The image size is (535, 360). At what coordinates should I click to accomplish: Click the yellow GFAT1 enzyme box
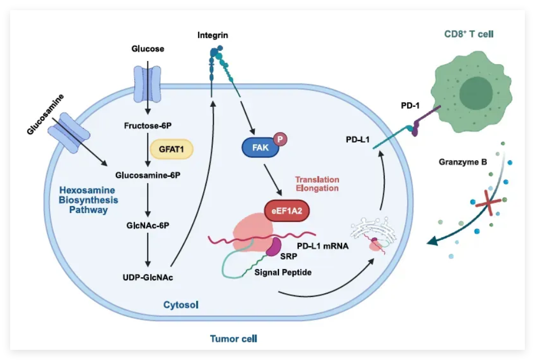(170, 150)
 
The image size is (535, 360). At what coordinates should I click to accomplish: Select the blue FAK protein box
(261, 147)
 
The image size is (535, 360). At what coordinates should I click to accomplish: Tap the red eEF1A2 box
(288, 211)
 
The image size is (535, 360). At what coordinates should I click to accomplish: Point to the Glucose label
(148, 49)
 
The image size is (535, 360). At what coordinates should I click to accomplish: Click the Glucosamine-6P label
(148, 175)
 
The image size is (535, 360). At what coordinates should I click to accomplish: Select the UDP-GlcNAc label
(148, 277)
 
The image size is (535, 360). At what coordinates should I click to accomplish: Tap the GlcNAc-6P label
(148, 225)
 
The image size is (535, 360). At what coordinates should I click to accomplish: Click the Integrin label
(212, 35)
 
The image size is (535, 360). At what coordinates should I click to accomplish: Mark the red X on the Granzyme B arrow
(484, 202)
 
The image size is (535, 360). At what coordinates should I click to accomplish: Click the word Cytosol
(181, 305)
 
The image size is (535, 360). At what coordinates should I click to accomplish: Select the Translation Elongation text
(317, 184)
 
